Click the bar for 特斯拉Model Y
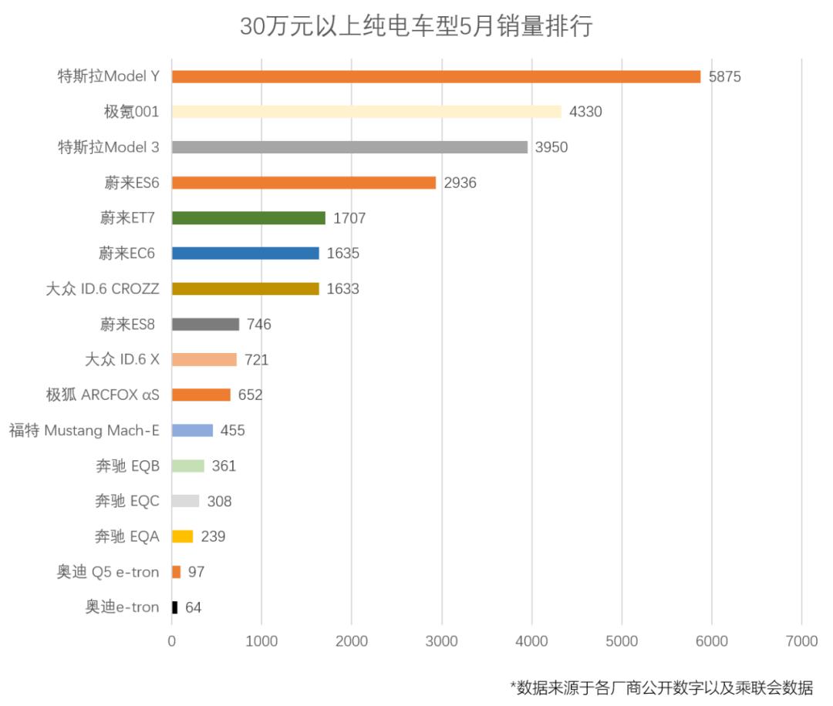point(436,76)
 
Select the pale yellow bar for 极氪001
point(366,112)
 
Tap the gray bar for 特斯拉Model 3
point(349,147)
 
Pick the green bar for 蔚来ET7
point(248,218)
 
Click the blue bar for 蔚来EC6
point(245,254)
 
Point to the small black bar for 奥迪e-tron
point(175,607)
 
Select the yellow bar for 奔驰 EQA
point(183,536)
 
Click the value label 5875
point(724,77)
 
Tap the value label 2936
point(460,183)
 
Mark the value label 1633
point(343,289)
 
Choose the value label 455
point(232,431)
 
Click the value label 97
point(196,572)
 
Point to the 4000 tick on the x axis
point(531,640)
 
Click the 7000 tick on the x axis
point(801,640)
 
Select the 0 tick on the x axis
point(172,640)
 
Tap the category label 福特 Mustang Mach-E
point(84,430)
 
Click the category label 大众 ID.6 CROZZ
point(103,289)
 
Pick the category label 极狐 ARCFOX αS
point(103,395)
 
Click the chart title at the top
point(416,25)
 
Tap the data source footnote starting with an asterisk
point(661,687)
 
